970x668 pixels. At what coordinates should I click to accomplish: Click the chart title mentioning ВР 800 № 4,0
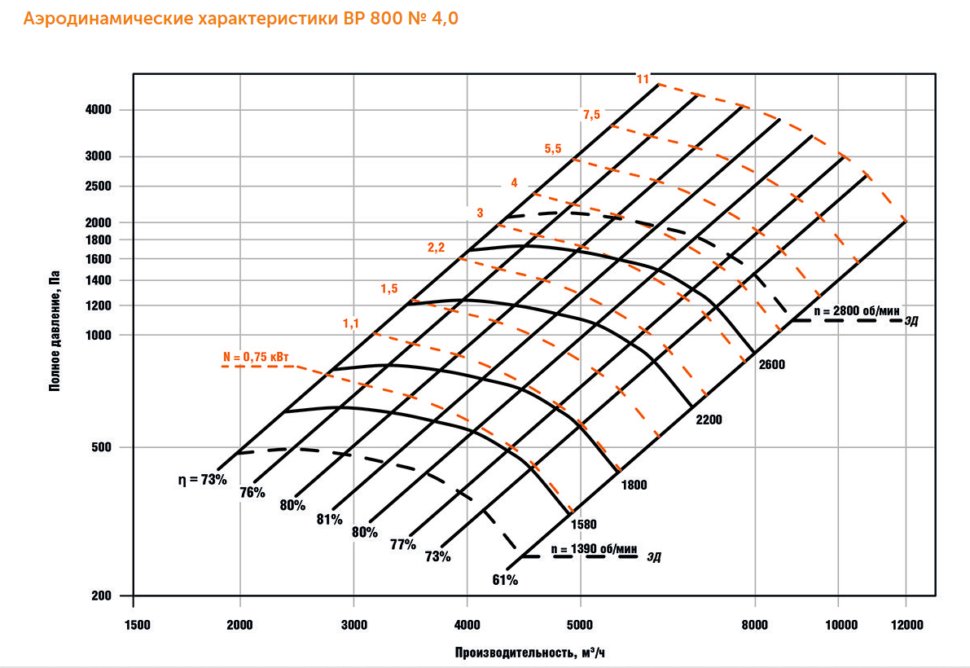coord(240,19)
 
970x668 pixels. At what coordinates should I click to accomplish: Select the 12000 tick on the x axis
coord(906,625)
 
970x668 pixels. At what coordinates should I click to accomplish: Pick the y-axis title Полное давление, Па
coord(56,332)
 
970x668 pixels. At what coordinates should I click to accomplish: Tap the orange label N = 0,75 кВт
coord(257,357)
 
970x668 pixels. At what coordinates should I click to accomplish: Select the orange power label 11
coord(643,79)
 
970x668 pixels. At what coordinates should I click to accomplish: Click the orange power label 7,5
coord(590,114)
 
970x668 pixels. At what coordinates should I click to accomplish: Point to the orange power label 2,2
coord(436,248)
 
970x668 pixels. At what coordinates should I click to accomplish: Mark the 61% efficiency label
coord(505,580)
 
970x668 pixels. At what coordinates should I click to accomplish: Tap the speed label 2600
coord(770,364)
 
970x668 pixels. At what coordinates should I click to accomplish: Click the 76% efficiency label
coord(252,492)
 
